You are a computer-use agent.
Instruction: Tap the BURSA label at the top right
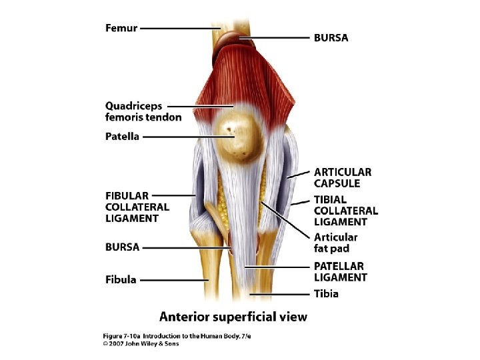[x=331, y=38]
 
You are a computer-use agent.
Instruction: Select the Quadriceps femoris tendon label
[x=143, y=111]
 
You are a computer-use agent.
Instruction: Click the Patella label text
[x=122, y=137]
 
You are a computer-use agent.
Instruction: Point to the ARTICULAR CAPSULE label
[x=342, y=177]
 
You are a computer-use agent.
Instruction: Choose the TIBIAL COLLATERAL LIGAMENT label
[x=345, y=211]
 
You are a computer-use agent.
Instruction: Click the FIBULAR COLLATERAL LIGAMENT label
[x=137, y=207]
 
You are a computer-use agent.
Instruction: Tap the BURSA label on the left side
[x=122, y=247]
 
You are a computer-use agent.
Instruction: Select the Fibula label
[x=120, y=279]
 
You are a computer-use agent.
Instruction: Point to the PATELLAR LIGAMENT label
[x=340, y=271]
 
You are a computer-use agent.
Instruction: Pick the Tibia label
[x=326, y=293]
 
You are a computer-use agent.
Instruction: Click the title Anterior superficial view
[x=233, y=316]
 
